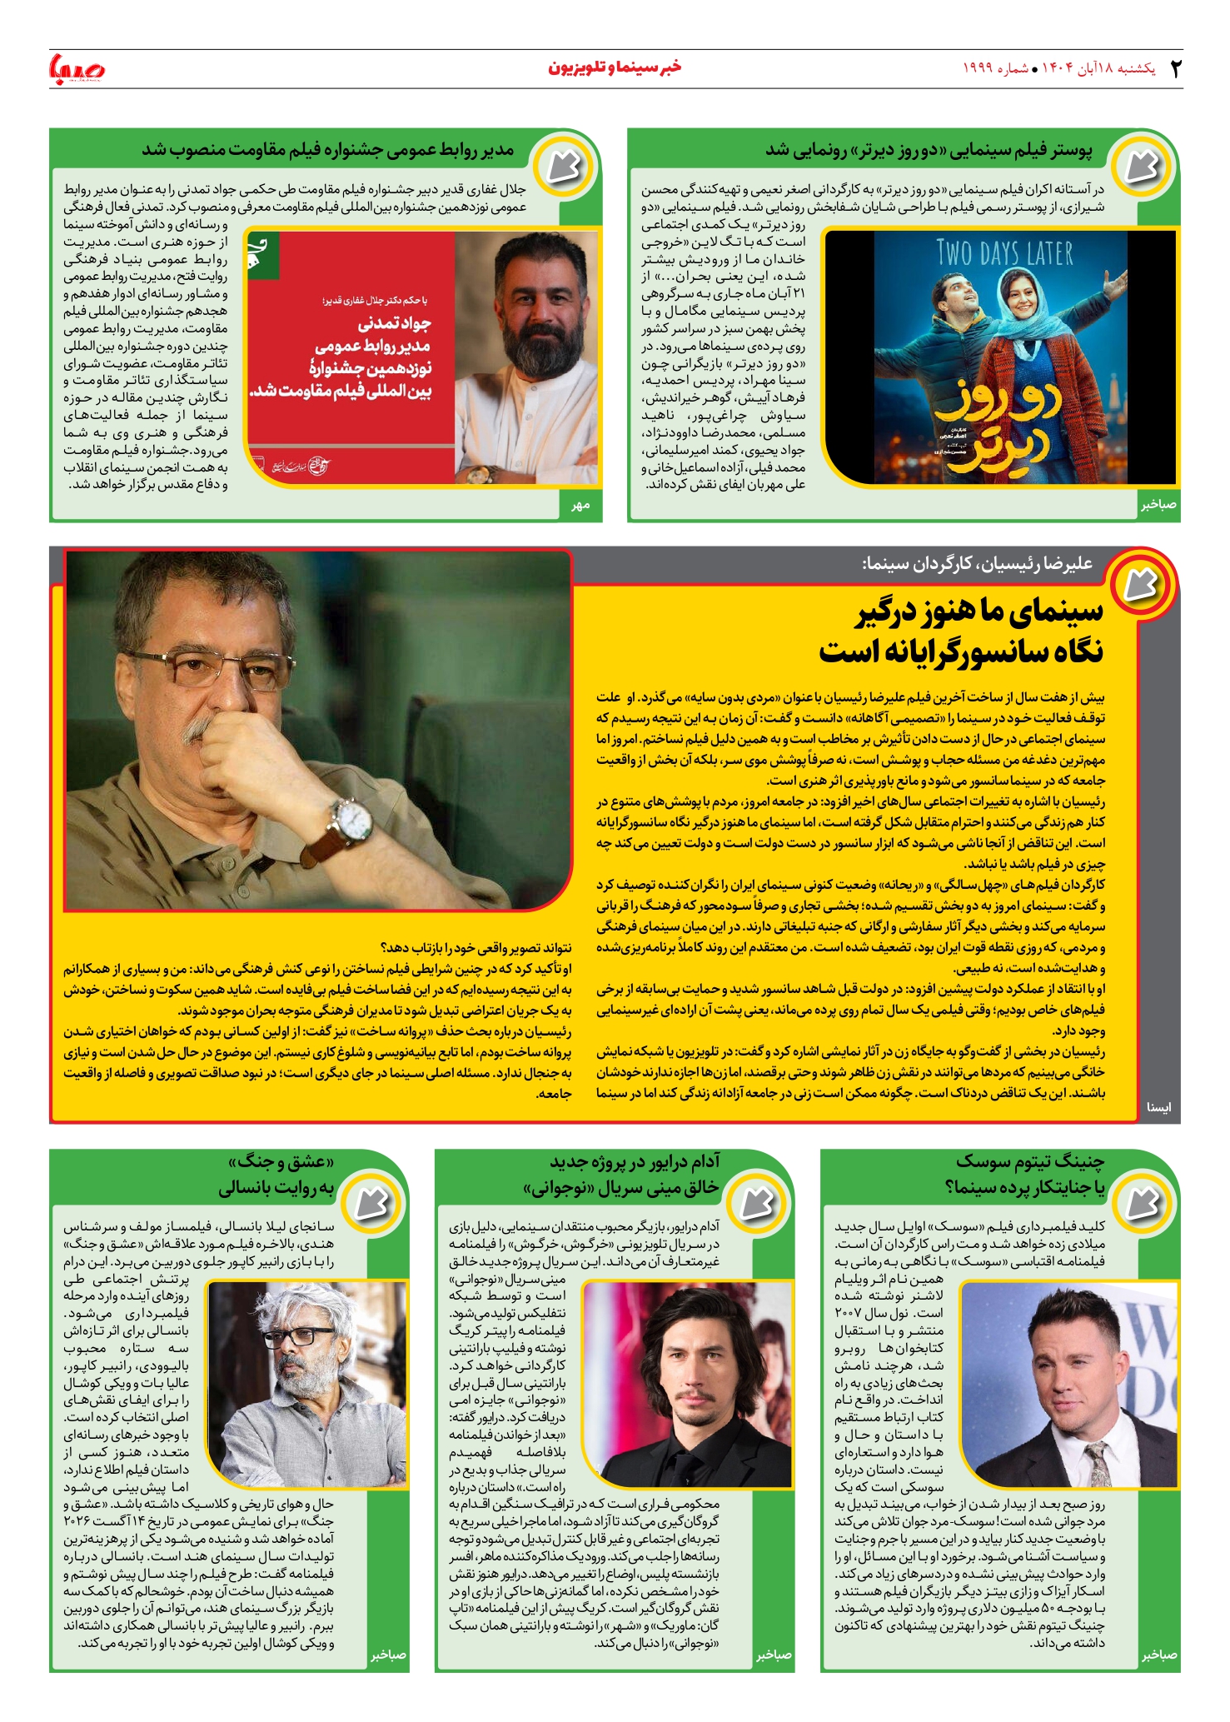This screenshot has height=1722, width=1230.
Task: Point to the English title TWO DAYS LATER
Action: pos(1004,252)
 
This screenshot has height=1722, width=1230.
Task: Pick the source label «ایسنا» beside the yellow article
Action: pos(1158,1107)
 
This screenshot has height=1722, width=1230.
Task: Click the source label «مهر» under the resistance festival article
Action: pos(580,505)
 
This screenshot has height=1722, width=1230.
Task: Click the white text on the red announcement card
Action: pos(371,357)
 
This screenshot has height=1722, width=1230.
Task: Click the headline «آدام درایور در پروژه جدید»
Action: pos(635,1161)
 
